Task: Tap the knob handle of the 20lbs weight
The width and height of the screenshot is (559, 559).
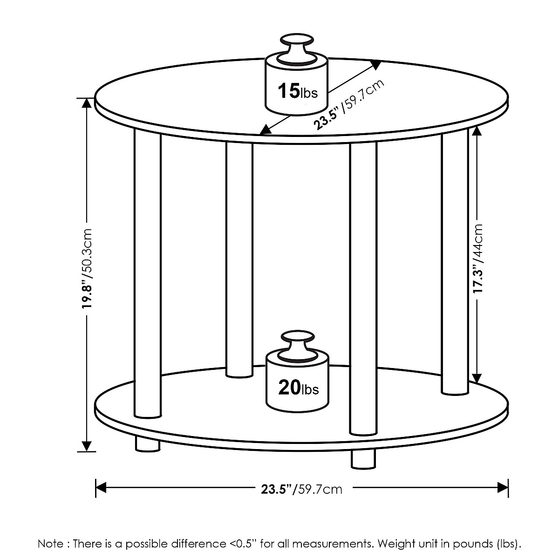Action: pos(296,343)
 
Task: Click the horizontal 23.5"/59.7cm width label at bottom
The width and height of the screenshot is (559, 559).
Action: pos(301,489)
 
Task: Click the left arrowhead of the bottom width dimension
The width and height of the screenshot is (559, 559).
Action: pos(101,488)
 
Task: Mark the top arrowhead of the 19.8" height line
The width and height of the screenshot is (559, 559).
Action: pos(87,103)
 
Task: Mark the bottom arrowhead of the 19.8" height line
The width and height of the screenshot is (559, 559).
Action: pos(87,446)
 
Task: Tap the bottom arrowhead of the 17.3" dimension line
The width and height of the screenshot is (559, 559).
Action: pos(476,377)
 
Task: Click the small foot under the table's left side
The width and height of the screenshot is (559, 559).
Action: pos(147,443)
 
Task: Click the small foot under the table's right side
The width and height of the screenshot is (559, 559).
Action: pos(363,459)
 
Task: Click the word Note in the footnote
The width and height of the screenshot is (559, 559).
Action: pos(50,544)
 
